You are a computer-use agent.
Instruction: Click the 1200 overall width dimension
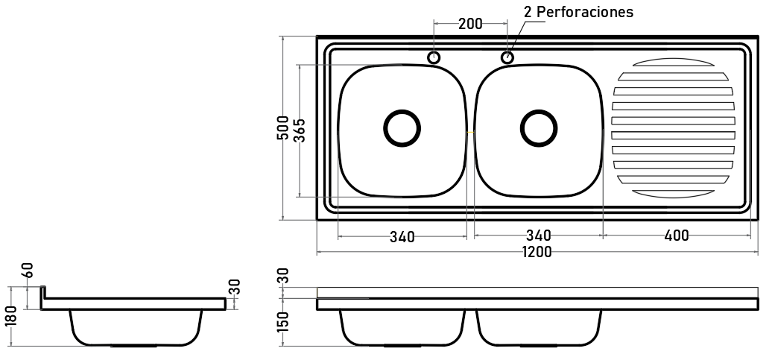click(x=537, y=252)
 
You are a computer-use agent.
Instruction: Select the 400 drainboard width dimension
click(x=677, y=236)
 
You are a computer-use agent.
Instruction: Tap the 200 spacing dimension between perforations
click(x=470, y=24)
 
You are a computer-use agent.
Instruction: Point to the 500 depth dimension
click(x=282, y=128)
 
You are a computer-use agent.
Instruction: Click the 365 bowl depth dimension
click(x=300, y=130)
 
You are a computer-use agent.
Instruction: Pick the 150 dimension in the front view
click(x=282, y=321)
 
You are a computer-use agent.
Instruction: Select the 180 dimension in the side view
click(x=10, y=316)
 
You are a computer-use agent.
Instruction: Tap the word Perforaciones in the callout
click(x=584, y=12)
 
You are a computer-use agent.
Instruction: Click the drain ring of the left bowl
click(x=402, y=111)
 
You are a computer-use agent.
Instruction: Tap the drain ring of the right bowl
click(x=539, y=111)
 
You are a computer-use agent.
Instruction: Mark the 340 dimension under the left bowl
click(x=402, y=237)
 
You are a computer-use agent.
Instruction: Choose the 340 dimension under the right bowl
click(x=539, y=236)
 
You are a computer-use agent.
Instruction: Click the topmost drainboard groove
click(x=673, y=63)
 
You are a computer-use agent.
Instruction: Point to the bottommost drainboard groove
click(x=673, y=194)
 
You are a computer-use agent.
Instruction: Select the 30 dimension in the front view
click(x=282, y=276)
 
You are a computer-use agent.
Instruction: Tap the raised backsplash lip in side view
click(x=43, y=292)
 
